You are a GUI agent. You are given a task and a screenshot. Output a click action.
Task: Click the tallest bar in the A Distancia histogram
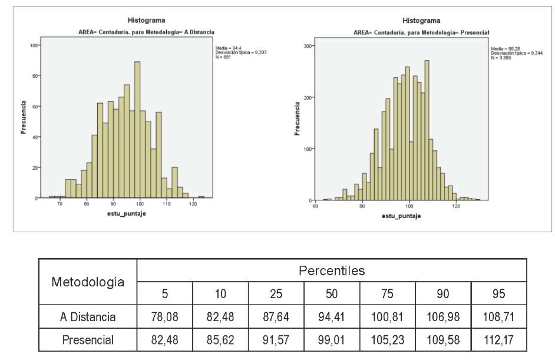pos(137,130)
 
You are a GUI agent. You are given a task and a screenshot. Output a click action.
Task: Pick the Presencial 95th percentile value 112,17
pos(498,340)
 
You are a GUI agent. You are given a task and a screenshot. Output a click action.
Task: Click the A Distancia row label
pos(88,317)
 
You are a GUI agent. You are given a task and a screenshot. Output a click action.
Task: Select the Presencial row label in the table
pos(88,340)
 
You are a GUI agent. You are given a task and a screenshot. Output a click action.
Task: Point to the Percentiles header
pos(332,271)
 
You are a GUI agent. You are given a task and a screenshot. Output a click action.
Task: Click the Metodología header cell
pos(88,282)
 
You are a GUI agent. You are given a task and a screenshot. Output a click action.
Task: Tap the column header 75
pos(387,293)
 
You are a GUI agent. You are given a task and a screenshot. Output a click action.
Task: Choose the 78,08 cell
pos(164,317)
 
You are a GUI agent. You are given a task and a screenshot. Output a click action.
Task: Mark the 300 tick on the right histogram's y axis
pos(308,45)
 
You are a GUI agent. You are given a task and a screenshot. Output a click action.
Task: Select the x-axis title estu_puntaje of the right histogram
pos(401,216)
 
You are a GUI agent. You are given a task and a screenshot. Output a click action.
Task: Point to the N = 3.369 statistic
pos(503,58)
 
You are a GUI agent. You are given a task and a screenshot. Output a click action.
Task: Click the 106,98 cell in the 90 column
pos(443,317)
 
